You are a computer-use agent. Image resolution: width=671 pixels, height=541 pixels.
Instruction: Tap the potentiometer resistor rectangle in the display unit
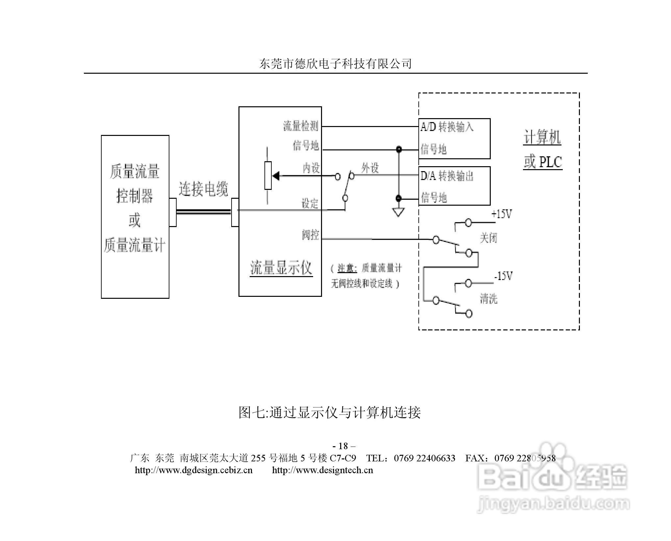click(268, 176)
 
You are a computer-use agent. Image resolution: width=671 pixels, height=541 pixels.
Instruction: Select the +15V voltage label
click(502, 214)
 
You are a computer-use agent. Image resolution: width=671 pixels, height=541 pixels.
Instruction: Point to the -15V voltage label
click(503, 276)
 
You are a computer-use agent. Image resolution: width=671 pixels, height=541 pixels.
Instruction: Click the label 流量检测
click(301, 126)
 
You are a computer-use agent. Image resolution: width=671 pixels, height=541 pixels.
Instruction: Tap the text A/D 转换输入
click(447, 127)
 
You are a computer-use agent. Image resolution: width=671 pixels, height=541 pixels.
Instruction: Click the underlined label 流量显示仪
click(281, 268)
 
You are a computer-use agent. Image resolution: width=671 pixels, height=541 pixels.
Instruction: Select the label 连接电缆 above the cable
click(203, 189)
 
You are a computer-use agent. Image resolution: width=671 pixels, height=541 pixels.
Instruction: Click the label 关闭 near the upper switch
click(488, 238)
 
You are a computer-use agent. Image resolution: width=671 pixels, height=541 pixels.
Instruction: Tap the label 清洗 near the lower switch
click(488, 298)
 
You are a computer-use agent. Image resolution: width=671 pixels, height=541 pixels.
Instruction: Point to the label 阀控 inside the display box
click(311, 235)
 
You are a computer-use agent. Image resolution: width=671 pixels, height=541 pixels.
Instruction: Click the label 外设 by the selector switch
click(370, 168)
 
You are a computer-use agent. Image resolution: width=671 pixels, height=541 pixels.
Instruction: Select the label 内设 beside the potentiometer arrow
click(311, 168)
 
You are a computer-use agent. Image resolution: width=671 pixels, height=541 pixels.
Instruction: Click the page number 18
click(343, 446)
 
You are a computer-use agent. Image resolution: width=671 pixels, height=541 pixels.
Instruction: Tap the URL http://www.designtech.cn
click(322, 470)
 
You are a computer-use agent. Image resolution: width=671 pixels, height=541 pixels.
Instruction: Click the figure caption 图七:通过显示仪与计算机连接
click(330, 412)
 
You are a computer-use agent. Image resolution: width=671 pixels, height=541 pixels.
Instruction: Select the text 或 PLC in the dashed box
click(543, 162)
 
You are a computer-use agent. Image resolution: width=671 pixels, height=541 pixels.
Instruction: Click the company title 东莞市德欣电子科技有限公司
click(335, 64)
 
